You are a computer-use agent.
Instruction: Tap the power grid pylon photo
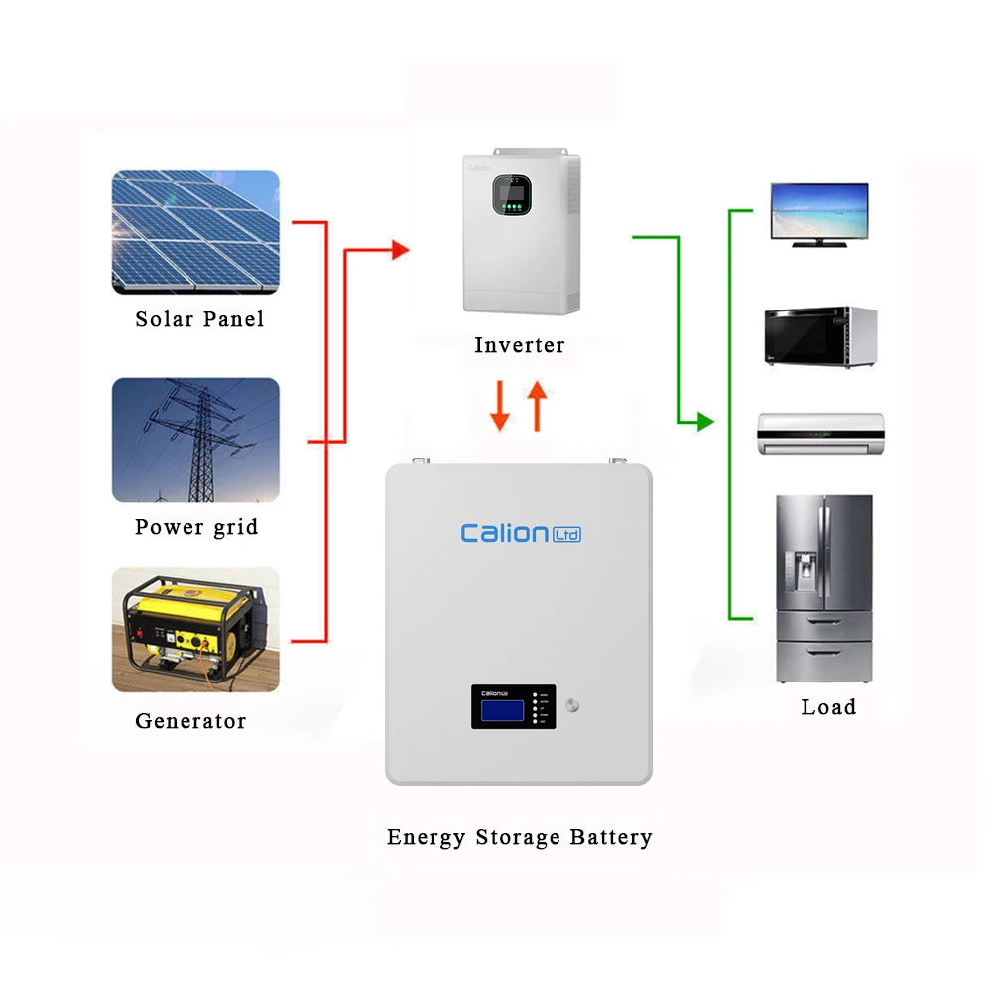(195, 438)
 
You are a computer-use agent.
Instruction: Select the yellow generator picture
(195, 629)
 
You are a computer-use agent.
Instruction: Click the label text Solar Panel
(199, 319)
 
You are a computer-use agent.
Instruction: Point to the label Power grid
(196, 527)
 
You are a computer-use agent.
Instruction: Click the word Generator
(190, 721)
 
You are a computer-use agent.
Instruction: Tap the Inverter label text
(519, 345)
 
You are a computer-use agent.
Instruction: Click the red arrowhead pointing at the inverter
(400, 250)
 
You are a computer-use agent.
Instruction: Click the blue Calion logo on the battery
(520, 534)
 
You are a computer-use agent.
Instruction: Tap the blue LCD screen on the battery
(502, 710)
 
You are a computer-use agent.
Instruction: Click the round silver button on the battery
(571, 707)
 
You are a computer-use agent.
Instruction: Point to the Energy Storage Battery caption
(519, 837)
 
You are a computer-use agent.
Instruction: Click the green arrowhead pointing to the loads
(704, 422)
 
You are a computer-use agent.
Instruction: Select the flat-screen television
(818, 212)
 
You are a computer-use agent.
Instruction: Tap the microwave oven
(819, 338)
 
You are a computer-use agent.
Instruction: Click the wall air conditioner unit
(820, 434)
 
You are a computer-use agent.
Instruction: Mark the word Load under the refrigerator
(828, 707)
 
